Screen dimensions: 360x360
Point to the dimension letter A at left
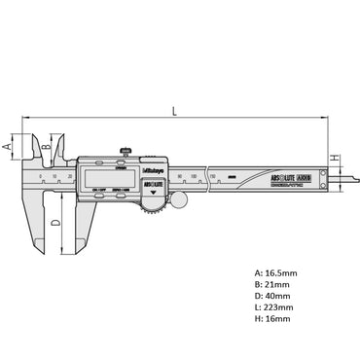coord(8,145)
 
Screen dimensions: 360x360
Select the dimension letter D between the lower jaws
coord(54,223)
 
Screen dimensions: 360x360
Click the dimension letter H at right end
coord(334,159)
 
